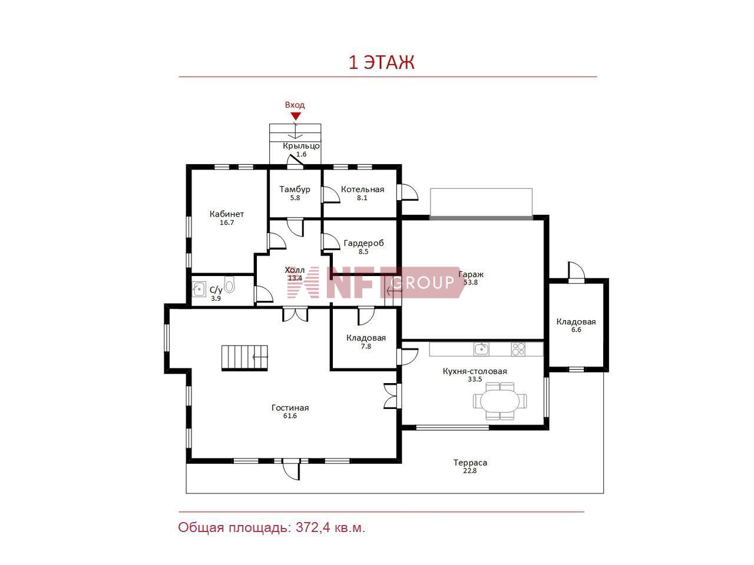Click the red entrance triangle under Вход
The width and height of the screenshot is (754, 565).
(x=295, y=116)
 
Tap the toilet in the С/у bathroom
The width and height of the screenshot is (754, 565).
(x=229, y=284)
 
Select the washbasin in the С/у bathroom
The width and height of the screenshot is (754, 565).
(x=199, y=289)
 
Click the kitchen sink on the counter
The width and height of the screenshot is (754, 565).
(x=481, y=349)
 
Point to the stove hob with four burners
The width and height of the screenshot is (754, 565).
(x=518, y=349)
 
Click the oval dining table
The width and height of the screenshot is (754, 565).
(x=500, y=401)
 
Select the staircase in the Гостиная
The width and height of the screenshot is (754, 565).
(x=244, y=358)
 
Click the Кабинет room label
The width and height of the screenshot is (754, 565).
(x=227, y=214)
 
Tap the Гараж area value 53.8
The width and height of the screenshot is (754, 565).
(x=470, y=282)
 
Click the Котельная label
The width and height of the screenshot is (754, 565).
(x=362, y=190)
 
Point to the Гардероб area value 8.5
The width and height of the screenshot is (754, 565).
(x=363, y=251)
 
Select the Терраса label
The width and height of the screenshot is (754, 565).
(x=470, y=463)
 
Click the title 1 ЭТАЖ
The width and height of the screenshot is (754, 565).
(x=381, y=62)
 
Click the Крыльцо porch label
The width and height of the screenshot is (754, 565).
(x=301, y=146)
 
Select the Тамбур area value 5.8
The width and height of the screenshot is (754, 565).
(x=295, y=198)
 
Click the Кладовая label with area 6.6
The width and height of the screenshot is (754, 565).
(x=576, y=322)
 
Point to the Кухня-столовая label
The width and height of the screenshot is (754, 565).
(x=475, y=371)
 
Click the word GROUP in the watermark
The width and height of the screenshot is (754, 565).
(x=422, y=282)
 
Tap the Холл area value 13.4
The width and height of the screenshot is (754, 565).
(x=295, y=278)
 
